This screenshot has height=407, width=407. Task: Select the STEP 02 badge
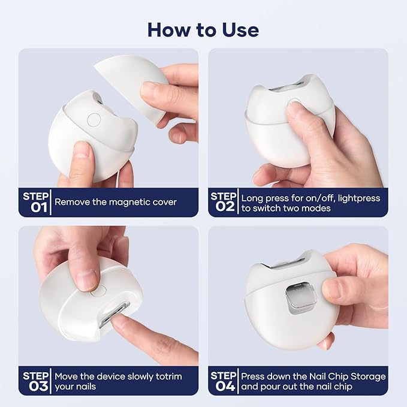click(x=223, y=202)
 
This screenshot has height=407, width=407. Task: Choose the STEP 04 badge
click(x=223, y=381)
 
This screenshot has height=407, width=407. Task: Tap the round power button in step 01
click(x=94, y=119)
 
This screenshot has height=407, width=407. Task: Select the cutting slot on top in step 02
click(x=289, y=88)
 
